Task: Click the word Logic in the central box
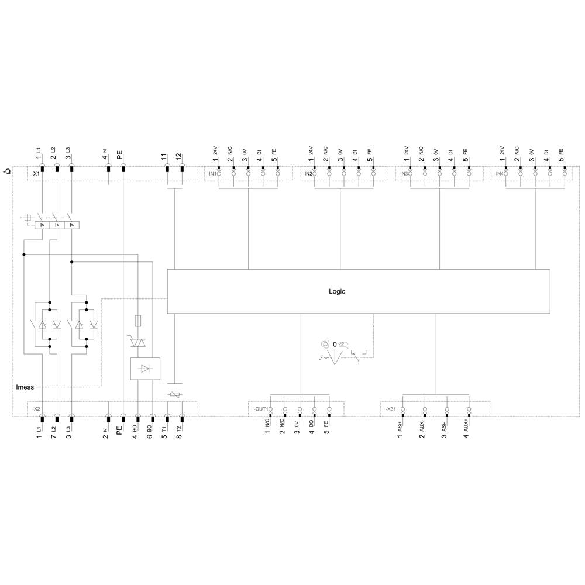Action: (337, 291)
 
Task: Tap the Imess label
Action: (25, 387)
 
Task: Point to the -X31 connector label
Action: (391, 409)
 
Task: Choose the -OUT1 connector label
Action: (260, 409)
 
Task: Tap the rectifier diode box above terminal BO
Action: (145, 368)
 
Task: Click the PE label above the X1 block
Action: (120, 156)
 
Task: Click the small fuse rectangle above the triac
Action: (137, 320)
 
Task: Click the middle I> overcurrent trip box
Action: (57, 225)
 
